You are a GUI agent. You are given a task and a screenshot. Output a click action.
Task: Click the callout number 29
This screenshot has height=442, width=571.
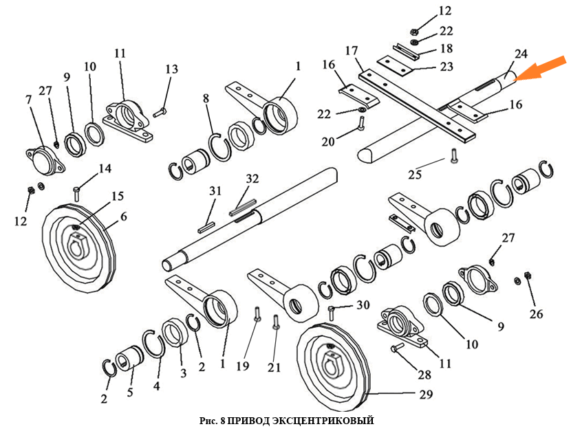426,395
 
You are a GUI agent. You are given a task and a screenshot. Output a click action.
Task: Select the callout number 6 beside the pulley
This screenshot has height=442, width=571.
123,217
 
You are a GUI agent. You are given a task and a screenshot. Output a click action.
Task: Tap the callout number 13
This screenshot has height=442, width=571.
171,69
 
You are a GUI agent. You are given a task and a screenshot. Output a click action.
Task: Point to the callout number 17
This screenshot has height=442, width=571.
352,51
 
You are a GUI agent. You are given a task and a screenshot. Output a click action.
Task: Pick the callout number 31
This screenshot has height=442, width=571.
216,190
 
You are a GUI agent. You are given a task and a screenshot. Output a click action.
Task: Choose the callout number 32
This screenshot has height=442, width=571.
252,179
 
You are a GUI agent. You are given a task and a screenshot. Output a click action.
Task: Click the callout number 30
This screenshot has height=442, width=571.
363,305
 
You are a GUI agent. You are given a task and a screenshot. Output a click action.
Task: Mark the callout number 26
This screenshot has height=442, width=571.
536,314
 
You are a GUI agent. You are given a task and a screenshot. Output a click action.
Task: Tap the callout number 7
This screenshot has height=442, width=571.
29,99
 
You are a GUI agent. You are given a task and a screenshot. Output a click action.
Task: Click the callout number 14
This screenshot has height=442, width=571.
105,168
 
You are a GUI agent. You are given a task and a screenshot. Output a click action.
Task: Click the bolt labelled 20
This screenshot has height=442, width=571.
360,124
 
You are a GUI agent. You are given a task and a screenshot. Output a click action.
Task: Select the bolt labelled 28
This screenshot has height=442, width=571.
398,350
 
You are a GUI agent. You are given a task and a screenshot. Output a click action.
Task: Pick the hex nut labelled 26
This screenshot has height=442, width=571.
528,276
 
